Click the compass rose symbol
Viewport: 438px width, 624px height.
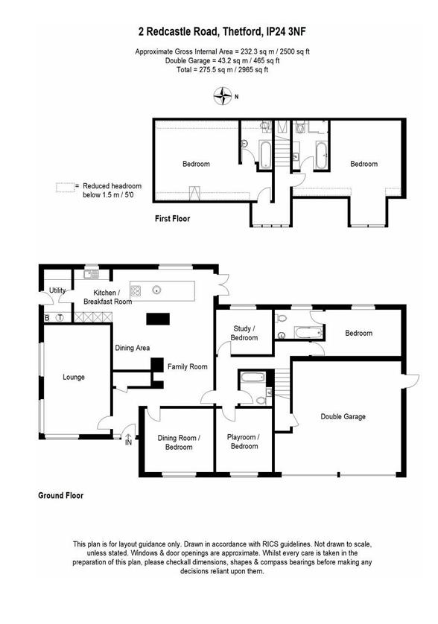[x=222, y=95]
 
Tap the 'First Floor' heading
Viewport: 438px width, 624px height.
[x=172, y=219]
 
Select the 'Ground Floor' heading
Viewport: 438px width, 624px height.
[x=61, y=495]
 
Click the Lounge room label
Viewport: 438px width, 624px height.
[x=74, y=378]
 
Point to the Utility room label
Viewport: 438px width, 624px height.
[x=57, y=290]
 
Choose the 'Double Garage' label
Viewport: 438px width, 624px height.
[x=343, y=417]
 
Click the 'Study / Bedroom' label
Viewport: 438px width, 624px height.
[x=244, y=333]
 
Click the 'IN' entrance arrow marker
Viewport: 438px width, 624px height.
[x=128, y=440]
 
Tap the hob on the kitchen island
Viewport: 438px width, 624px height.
[x=136, y=290]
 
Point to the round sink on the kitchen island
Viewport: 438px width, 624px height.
[x=157, y=290]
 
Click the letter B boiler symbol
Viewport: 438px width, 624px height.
[x=47, y=318]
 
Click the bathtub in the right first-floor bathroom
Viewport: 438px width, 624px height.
[x=320, y=157]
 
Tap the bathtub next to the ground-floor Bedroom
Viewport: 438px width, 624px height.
[x=305, y=332]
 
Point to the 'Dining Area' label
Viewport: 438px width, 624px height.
[x=132, y=348]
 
